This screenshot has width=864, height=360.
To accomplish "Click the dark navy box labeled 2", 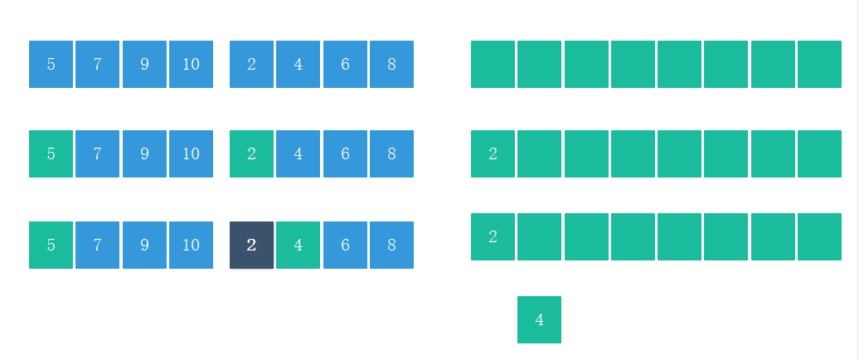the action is pyautogui.click(x=251, y=245).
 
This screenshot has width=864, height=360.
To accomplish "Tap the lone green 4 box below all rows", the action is pyautogui.click(x=539, y=319).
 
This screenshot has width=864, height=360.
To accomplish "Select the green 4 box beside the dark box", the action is pyautogui.click(x=298, y=245).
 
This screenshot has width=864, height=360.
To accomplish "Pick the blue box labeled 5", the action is pyautogui.click(x=51, y=64).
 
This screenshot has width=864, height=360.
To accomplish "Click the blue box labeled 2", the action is pyautogui.click(x=251, y=64).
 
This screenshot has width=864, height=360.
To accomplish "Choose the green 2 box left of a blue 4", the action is pyautogui.click(x=251, y=153).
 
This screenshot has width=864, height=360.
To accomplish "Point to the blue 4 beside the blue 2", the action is pyautogui.click(x=298, y=64).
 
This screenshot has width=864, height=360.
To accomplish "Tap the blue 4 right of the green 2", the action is pyautogui.click(x=298, y=153).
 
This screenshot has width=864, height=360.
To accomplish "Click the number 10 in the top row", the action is pyautogui.click(x=191, y=64).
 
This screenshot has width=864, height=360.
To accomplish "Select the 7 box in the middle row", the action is pyautogui.click(x=97, y=153).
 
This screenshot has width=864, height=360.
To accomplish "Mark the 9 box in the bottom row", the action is pyautogui.click(x=144, y=245).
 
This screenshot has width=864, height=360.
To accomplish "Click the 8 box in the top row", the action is pyautogui.click(x=391, y=64).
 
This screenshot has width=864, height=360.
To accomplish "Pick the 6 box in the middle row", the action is pyautogui.click(x=345, y=153).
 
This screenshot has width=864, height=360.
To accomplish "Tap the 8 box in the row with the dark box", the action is pyautogui.click(x=391, y=245).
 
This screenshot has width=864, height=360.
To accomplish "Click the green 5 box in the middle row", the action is pyautogui.click(x=51, y=153).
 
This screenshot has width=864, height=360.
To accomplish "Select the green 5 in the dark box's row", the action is pyautogui.click(x=51, y=245).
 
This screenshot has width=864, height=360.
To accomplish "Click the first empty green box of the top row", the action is pyautogui.click(x=493, y=64).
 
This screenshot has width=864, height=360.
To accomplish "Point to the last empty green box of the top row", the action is pyautogui.click(x=819, y=64).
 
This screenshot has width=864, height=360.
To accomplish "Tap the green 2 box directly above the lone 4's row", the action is pyautogui.click(x=493, y=236).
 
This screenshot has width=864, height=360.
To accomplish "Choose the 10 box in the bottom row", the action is pyautogui.click(x=191, y=245).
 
